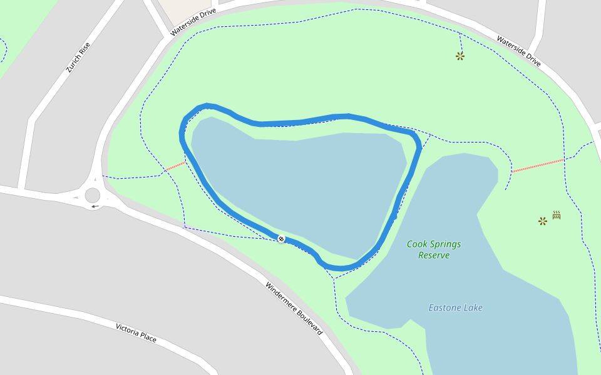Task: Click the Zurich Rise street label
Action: pyautogui.click(x=78, y=57)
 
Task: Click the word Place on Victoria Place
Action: pyautogui.click(x=149, y=337)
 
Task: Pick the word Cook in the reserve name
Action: pyautogui.click(x=416, y=244)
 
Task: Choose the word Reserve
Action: pyautogui.click(x=434, y=255)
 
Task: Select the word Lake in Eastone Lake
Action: pyautogui.click(x=474, y=307)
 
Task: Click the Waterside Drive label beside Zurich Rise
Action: pyautogui.click(x=193, y=21)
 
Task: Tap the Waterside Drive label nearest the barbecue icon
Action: pyautogui.click(x=518, y=51)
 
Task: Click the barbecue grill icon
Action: pyautogui.click(x=556, y=215)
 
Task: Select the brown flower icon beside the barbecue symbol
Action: pyautogui.click(x=543, y=221)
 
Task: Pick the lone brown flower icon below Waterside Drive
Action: pyautogui.click(x=460, y=56)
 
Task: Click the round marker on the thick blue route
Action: pyautogui.click(x=281, y=239)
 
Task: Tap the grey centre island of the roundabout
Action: pyautogui.click(x=93, y=196)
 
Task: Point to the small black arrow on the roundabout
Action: pyautogui.click(x=95, y=206)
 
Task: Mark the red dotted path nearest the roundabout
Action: pyautogui.click(x=175, y=166)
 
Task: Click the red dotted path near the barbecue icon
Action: pyautogui.click(x=538, y=165)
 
